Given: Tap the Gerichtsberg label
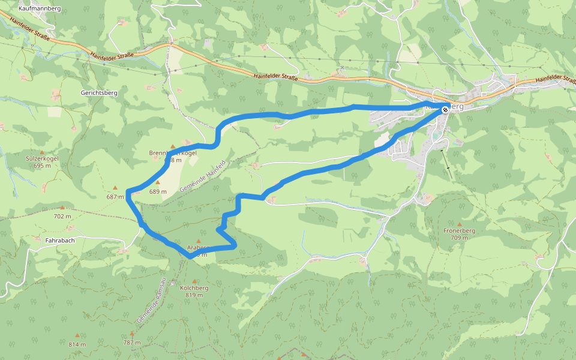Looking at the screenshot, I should [98, 93].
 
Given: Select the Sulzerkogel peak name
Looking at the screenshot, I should [42, 159].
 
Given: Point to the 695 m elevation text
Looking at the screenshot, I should [42, 166].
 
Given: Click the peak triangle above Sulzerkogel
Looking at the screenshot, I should [42, 152].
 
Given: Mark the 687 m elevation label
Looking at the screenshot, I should [115, 196].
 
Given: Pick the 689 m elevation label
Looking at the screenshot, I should [158, 191].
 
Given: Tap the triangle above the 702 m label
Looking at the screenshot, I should [61, 208].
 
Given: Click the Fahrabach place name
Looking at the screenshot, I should [60, 241].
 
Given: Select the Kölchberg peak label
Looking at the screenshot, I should [194, 288].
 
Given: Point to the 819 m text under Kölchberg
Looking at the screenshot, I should [194, 295].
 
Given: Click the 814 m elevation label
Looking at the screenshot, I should [77, 344].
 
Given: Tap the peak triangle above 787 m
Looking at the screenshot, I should [132, 334].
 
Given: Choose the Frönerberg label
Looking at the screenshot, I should [460, 230].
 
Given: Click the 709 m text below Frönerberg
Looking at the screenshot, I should [460, 238].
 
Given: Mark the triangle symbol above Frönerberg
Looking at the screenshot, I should [460, 224].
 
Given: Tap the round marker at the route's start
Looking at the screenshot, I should [445, 109].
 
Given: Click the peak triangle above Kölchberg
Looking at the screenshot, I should [194, 281].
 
